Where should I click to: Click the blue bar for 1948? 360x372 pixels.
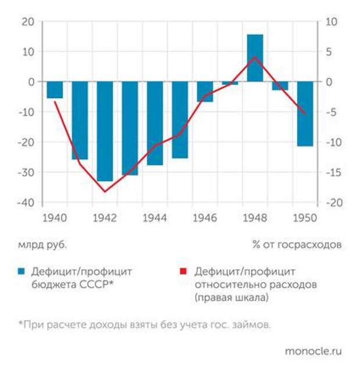pos(255,58)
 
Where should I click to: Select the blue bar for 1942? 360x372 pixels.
pos(105,131)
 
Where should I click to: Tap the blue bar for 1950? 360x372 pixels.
pos(305,114)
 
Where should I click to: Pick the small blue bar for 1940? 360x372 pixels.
pos(55,90)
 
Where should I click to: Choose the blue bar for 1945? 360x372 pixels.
pos(180,120)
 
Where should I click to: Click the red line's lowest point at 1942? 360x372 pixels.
pos(105,192)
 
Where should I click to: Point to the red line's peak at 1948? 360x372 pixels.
pos(255,57)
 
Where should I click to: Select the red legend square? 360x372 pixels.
pos(182,272)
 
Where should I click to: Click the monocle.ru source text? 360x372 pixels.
pos(314,351)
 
